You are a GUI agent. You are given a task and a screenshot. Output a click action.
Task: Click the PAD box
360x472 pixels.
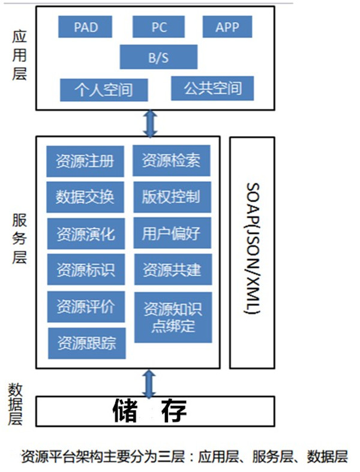tap(86, 27)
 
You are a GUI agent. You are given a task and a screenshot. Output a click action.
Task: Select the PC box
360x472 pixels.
tap(159, 27)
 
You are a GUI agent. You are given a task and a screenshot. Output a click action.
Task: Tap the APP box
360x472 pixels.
tap(227, 27)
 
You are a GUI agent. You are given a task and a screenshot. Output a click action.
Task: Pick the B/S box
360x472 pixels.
tap(158, 57)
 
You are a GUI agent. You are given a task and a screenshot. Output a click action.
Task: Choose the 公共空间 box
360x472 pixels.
tap(212, 88)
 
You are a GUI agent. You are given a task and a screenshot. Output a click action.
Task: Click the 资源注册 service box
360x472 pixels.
tap(85, 161)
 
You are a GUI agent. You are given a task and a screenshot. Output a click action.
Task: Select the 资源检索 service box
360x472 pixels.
tap(172, 161)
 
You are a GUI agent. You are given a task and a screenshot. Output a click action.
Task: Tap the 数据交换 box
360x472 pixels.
tap(85, 197)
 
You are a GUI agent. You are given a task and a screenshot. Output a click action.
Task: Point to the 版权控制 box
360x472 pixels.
tap(172, 197)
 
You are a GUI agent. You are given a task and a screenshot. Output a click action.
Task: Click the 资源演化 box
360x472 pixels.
tap(85, 233)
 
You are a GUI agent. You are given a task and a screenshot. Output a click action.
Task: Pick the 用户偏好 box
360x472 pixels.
tap(172, 232)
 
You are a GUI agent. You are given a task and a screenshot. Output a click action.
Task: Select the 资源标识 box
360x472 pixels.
tap(85, 269)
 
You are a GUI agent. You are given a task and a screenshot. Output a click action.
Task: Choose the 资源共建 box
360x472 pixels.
tap(172, 269)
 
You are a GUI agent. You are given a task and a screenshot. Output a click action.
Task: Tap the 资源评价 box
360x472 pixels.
tap(85, 306)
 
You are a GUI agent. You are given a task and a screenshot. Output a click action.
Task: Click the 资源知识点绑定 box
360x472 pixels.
tap(172, 318)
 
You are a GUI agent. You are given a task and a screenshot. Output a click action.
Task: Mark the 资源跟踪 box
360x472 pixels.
tap(86, 343)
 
